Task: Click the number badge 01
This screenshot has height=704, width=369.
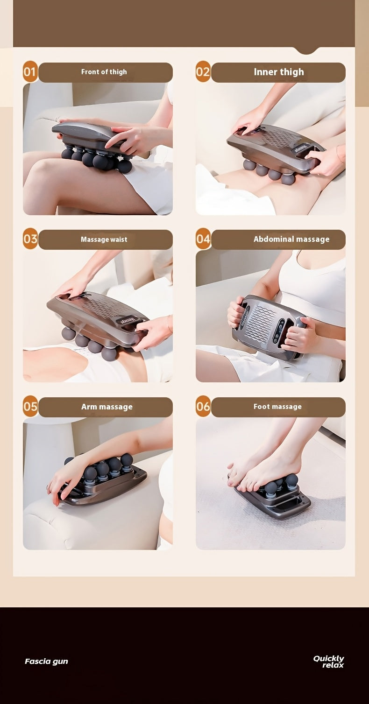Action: (30, 72)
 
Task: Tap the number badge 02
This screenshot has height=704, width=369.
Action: (203, 72)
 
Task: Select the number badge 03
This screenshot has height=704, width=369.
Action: (30, 239)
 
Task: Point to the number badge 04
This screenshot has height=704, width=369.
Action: (203, 239)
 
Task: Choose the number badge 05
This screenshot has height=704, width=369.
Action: (30, 407)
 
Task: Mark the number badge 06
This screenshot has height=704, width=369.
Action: (203, 407)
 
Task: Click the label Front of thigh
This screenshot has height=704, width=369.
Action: (104, 72)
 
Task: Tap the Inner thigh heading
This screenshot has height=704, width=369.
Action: (278, 72)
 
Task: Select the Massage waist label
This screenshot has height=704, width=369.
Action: (104, 239)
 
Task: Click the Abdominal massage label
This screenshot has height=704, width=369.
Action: (291, 239)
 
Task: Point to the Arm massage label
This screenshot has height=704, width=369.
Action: (106, 407)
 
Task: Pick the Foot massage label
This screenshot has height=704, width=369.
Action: (277, 407)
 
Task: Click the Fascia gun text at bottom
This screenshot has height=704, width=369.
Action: (46, 661)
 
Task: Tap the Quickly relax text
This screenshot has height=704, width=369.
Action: (329, 662)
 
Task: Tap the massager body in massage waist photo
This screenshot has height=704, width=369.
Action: (96, 313)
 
